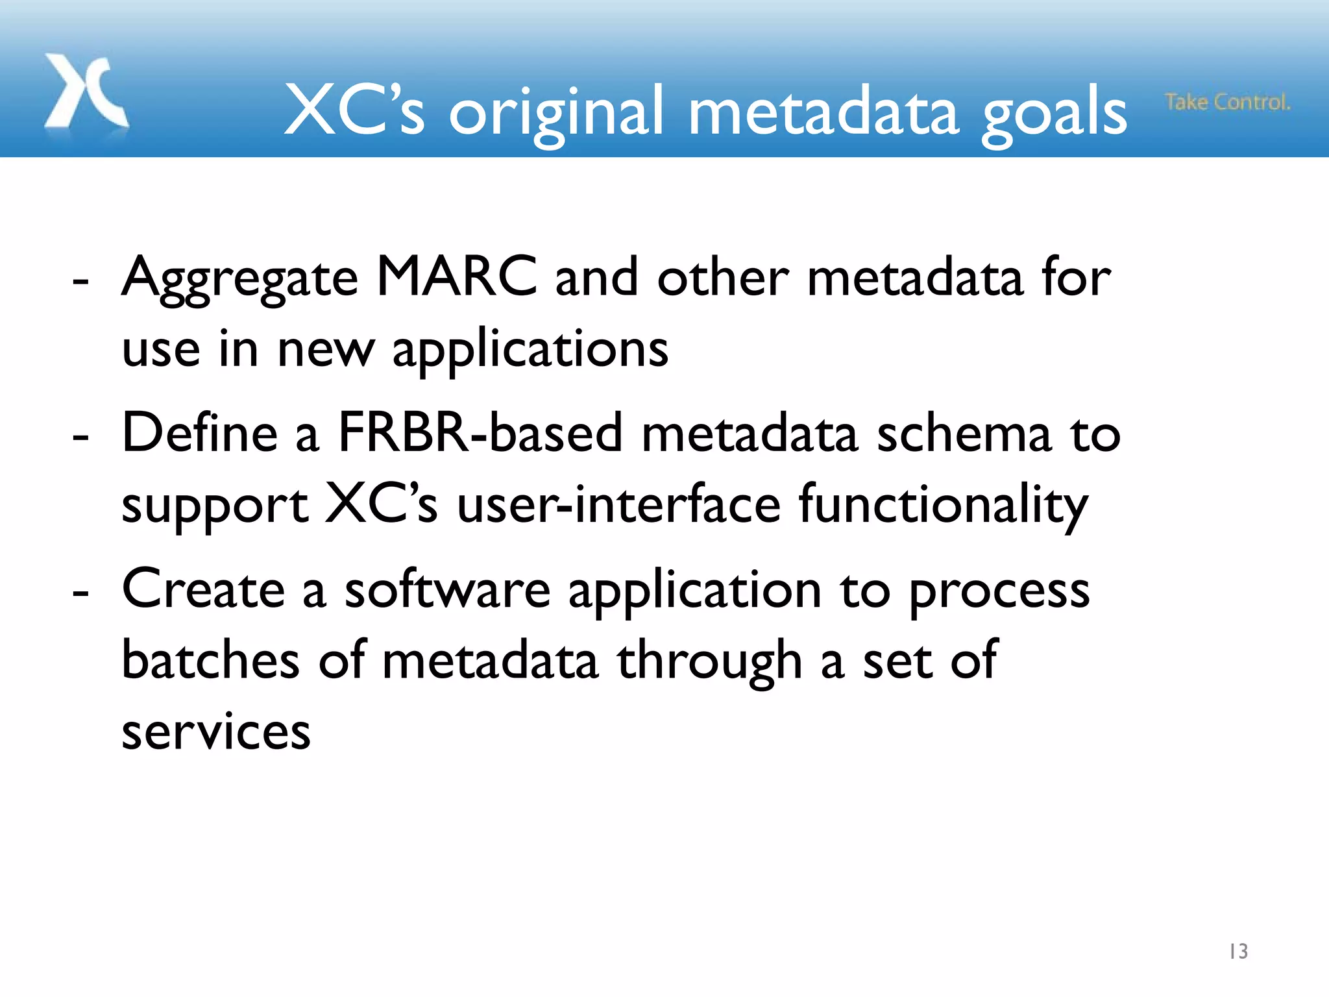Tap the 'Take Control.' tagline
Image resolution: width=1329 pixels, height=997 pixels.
click(1227, 103)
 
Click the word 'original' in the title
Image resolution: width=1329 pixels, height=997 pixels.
click(556, 113)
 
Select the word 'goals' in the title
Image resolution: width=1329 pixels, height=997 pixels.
click(1055, 113)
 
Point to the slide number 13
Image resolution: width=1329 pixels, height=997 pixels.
click(1238, 952)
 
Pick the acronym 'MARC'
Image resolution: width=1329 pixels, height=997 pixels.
click(457, 277)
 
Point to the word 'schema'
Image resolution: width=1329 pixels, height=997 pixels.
click(964, 434)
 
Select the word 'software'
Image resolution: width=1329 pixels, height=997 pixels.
click(447, 589)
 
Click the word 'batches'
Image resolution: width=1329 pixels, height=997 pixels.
click(211, 661)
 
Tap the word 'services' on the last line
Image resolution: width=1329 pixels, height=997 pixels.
click(216, 732)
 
